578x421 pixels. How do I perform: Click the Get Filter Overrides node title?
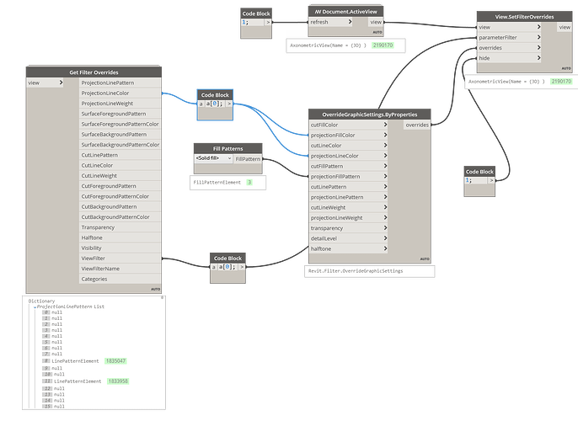94,72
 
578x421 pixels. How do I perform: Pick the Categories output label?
94,279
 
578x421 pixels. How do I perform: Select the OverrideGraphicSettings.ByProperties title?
369,114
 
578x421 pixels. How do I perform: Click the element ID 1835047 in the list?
116,360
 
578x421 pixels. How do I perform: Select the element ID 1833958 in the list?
118,381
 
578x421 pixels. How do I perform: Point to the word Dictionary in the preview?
41,301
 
